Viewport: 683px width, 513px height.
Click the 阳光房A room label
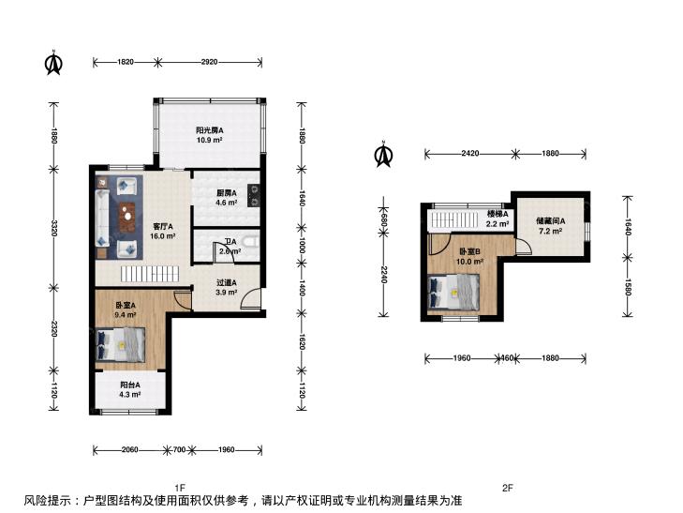click(x=210, y=129)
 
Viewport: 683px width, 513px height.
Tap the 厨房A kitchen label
click(x=227, y=192)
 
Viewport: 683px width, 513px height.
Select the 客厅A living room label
click(x=162, y=227)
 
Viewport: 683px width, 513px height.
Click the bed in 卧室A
click(x=121, y=345)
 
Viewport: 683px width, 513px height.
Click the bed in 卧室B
click(x=453, y=292)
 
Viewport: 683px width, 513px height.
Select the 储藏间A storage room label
click(x=551, y=221)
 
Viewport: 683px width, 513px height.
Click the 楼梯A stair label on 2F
click(x=497, y=214)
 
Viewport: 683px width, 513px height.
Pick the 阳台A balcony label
click(x=130, y=385)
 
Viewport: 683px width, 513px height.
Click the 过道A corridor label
click(x=227, y=282)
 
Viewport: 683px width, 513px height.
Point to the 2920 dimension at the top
click(x=210, y=62)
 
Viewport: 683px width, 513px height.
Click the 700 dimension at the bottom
click(x=180, y=450)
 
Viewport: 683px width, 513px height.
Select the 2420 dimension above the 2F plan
click(x=470, y=154)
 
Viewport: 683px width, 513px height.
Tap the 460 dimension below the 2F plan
click(x=507, y=358)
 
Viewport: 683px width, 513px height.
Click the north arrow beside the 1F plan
click(x=53, y=63)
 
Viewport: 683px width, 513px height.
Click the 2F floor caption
click(x=508, y=488)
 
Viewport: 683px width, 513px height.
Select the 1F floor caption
click(x=180, y=488)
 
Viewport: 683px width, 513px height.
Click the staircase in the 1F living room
click(x=149, y=274)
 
